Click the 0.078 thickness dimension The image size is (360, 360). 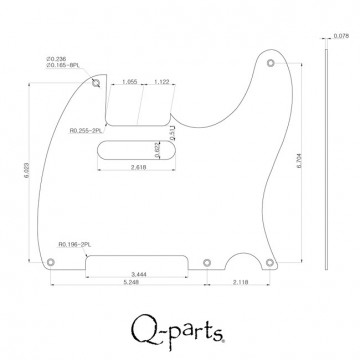pyautogui.click(x=341, y=36)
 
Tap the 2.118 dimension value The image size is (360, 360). pyautogui.click(x=240, y=283)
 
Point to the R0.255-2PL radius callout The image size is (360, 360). pyautogui.click(x=87, y=129)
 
